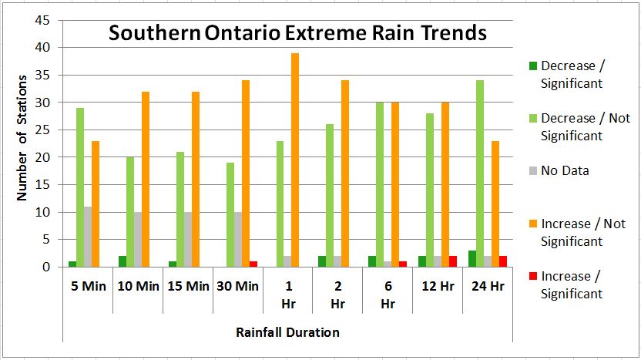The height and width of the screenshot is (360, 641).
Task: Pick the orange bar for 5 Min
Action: click(x=95, y=204)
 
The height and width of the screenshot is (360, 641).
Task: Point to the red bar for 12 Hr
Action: click(x=452, y=261)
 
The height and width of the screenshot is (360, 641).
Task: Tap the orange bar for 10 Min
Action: click(x=145, y=179)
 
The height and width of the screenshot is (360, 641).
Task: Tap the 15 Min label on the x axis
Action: click(x=187, y=286)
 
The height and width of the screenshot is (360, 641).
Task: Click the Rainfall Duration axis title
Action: click(x=287, y=332)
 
